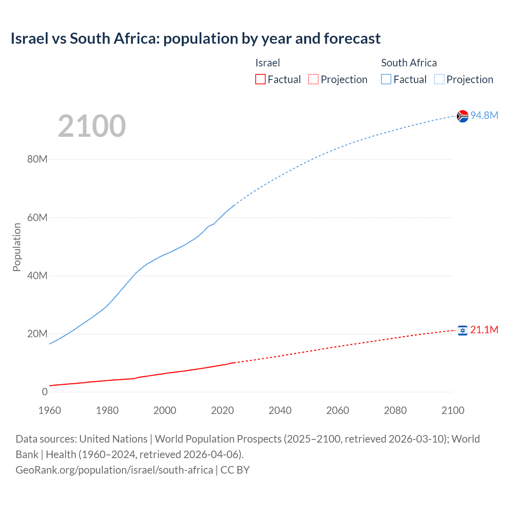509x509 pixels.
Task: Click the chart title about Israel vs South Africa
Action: coord(195,39)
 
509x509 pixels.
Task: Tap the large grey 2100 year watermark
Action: coord(92,126)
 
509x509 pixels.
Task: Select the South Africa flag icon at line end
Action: coord(462,116)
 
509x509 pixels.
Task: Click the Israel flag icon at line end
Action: coord(462,330)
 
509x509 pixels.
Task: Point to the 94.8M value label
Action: coord(484,115)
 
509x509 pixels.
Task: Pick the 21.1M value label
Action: coord(484,330)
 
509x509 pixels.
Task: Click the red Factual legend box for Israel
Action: coord(260,80)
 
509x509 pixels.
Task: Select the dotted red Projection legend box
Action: coord(313,80)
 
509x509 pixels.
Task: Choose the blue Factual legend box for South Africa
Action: coord(386,80)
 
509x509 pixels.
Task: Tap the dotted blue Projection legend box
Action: coord(439,80)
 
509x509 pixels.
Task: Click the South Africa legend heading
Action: coord(409,63)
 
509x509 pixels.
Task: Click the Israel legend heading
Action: coord(268,63)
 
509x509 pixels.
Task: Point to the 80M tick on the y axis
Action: coord(37,159)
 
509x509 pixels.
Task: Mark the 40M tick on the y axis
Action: coord(37,276)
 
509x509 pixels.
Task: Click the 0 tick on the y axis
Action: coord(45,392)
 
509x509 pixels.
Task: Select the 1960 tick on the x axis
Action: coord(50,410)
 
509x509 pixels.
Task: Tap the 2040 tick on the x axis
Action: coord(280,410)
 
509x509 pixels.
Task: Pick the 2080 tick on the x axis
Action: coord(395,410)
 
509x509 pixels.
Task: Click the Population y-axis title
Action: coord(17,247)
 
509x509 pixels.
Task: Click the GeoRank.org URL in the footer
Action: coord(114,470)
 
